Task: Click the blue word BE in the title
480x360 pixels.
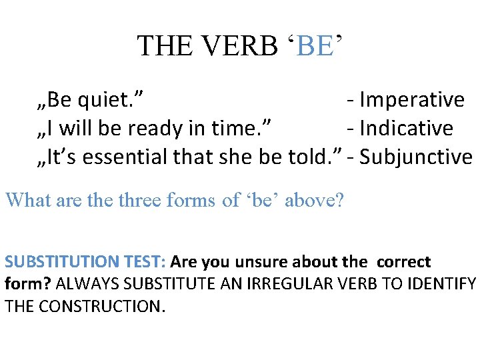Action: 313,45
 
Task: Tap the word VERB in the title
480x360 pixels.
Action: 237,45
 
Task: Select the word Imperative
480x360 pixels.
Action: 411,100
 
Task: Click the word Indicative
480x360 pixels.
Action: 406,128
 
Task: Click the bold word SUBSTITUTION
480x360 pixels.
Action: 60,262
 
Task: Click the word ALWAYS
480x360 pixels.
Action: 87,284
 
